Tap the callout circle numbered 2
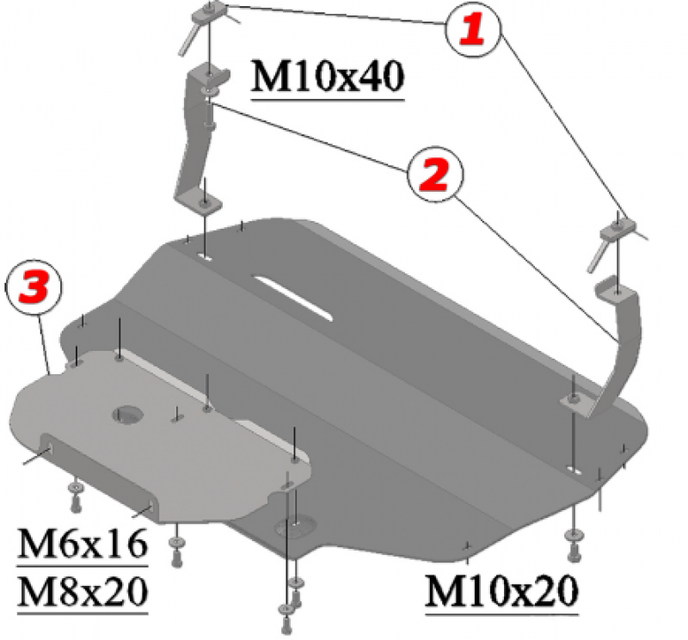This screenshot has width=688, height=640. coord(435,175)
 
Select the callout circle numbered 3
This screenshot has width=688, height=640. coord(34,288)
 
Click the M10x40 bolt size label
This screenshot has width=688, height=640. coord(327,77)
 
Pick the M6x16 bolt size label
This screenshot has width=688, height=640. coord(83,543)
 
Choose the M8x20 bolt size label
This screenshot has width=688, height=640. coord(83,591)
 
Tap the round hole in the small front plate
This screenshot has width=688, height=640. coord(127,415)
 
